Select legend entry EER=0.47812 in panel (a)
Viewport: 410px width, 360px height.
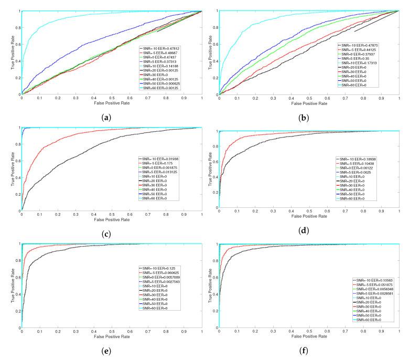(x=161, y=48)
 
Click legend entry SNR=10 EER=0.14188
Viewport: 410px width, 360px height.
(x=161, y=66)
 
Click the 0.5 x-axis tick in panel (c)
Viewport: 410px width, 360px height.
(x=112, y=215)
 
